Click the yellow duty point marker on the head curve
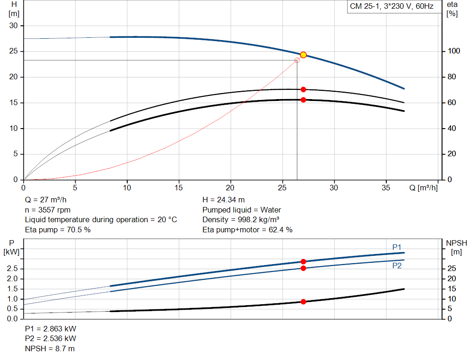(x=303, y=55)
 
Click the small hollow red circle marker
(x=297, y=60)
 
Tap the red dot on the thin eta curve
(x=303, y=89)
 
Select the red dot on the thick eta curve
(x=303, y=100)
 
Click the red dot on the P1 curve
(x=303, y=261)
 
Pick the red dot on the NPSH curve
(x=303, y=301)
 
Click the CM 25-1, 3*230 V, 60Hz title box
(x=391, y=7)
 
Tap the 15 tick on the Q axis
(x=179, y=188)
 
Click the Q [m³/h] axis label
(x=423, y=188)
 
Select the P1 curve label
(x=397, y=247)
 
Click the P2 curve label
(x=397, y=266)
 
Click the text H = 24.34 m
(x=224, y=200)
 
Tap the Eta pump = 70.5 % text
(x=58, y=230)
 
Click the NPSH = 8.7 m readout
(x=50, y=348)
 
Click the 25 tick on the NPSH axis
(x=452, y=269)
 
